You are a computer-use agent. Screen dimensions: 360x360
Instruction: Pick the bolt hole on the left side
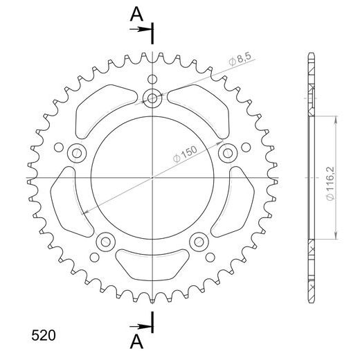pyautogui.click(x=78, y=153)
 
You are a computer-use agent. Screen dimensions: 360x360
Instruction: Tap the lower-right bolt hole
pyautogui.click(x=199, y=242)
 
